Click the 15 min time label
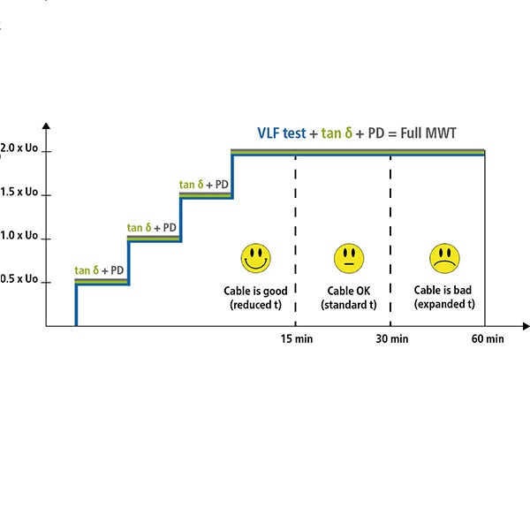(x=295, y=339)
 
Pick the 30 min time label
(x=390, y=339)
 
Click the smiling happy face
(x=255, y=258)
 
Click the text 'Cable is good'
(x=255, y=290)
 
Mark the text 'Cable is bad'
(x=443, y=290)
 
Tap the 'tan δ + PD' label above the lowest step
(x=99, y=270)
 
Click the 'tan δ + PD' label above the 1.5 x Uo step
(x=204, y=184)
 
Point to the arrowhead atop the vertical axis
(x=47, y=129)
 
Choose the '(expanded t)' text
(x=443, y=304)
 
